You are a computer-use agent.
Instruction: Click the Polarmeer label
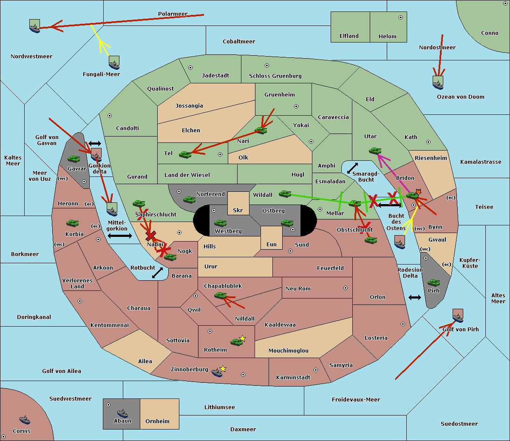click(173, 14)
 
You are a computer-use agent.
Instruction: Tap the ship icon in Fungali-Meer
click(114, 63)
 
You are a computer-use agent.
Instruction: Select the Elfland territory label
click(349, 36)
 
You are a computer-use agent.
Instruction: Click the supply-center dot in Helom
click(400, 17)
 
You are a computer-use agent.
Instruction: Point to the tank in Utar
click(375, 151)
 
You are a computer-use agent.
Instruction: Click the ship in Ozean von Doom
click(438, 83)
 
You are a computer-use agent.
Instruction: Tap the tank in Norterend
click(189, 199)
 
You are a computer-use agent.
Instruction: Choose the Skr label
click(238, 211)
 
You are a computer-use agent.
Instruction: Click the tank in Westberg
click(220, 223)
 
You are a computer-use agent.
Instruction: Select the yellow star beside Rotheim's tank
click(242, 339)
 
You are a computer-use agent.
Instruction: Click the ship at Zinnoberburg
click(217, 373)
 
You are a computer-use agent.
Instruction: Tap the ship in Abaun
click(122, 413)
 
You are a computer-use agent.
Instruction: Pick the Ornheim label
click(157, 421)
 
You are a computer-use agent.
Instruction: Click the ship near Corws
click(25, 420)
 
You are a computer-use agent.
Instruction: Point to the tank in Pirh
click(433, 282)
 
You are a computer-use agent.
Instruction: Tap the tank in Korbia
click(72, 223)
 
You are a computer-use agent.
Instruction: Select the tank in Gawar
click(74, 159)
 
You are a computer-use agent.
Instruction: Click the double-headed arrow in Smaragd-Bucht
click(352, 168)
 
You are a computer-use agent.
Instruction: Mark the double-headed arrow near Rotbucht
click(157, 273)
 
